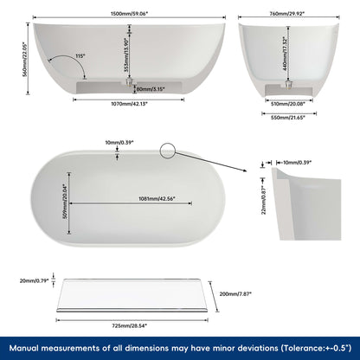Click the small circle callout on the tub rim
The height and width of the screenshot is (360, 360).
(x=168, y=151)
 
